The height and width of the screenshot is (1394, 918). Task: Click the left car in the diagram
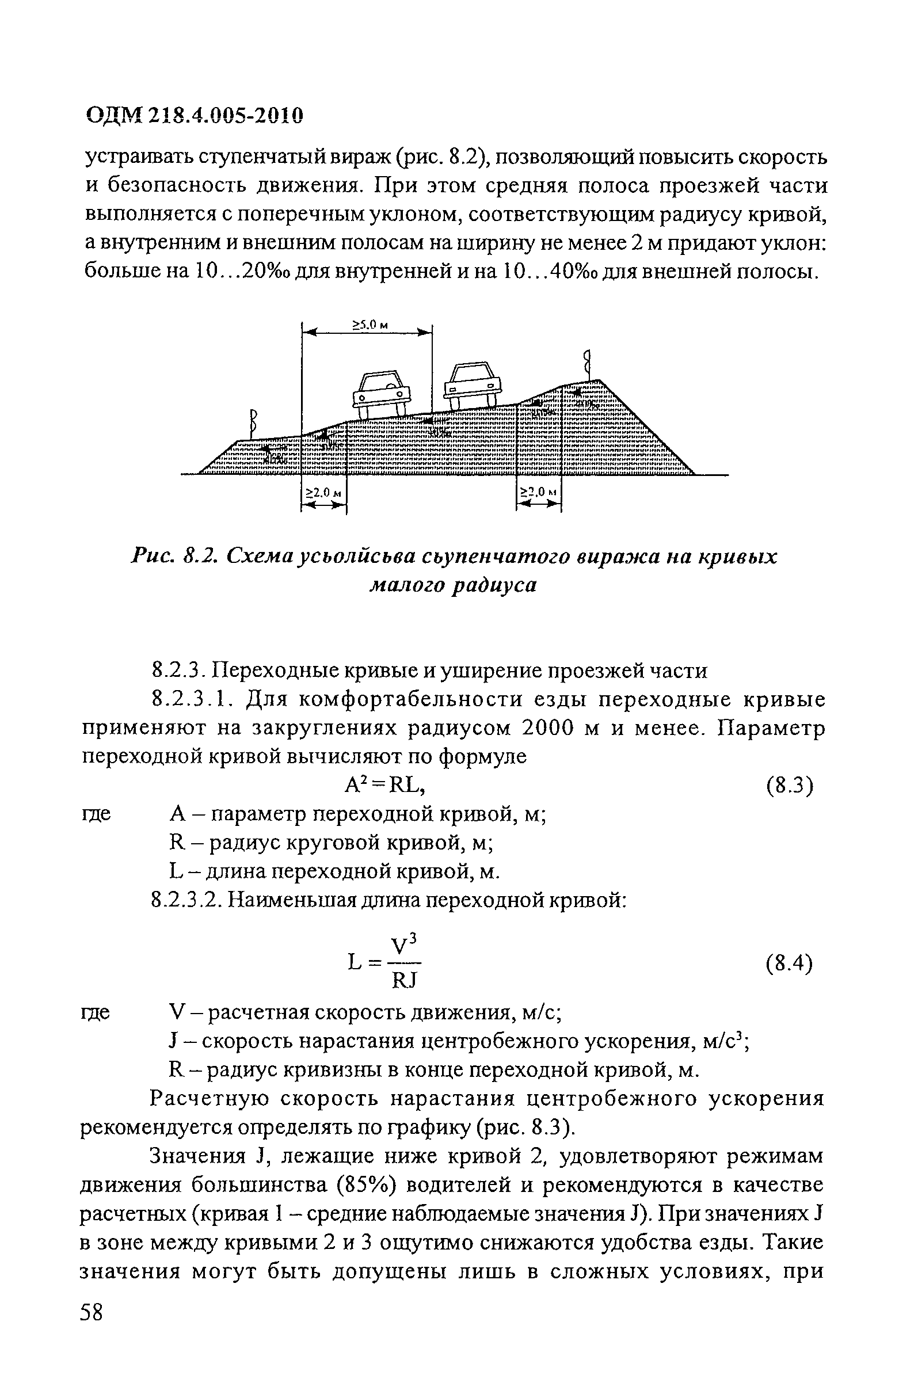click(381, 395)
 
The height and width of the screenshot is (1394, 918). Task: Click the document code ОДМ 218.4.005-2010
click(195, 116)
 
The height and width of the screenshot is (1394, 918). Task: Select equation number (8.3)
click(789, 787)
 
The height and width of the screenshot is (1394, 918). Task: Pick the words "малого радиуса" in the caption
click(452, 585)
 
